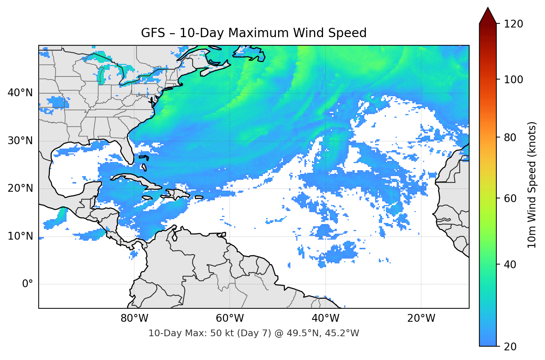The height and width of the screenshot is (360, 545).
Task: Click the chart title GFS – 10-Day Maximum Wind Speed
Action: [x=254, y=33]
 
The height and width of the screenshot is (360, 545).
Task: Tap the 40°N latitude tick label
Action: [x=20, y=93]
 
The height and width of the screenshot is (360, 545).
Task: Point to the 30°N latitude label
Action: [x=20, y=141]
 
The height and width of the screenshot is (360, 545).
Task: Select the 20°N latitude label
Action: [x=20, y=188]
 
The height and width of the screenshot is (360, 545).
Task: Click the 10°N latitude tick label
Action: [x=20, y=236]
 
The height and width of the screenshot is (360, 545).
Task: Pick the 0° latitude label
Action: [x=27, y=284]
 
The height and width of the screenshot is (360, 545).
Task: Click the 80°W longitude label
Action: [x=134, y=318]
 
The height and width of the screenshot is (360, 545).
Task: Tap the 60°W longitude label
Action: [x=230, y=318]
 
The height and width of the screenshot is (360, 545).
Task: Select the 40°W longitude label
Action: [x=325, y=318]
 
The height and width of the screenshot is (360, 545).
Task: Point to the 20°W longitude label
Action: [x=421, y=318]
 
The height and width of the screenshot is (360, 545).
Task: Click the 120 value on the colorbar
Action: [x=513, y=24]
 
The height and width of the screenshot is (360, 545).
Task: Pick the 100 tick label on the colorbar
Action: [x=513, y=80]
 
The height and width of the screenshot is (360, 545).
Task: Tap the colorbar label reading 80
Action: [x=510, y=137]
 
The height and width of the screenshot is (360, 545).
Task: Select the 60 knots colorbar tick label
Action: [x=510, y=198]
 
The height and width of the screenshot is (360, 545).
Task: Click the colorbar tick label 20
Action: [x=510, y=347]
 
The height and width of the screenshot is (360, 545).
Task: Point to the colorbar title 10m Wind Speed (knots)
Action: [x=532, y=185]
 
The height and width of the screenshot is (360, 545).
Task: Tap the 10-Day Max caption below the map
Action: [x=254, y=333]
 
